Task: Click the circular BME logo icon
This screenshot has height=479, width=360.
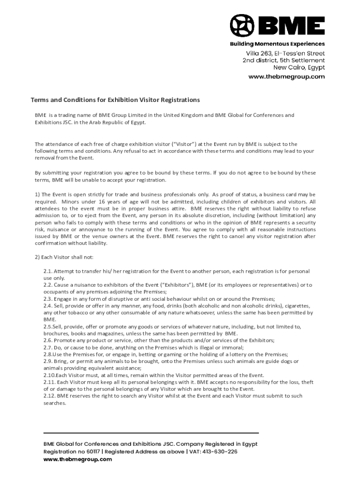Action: coord(242,26)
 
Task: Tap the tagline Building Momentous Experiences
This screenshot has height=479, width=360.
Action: coord(277,44)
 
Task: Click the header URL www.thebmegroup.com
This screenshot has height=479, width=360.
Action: coord(286,77)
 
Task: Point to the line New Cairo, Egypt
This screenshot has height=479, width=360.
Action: coord(302,68)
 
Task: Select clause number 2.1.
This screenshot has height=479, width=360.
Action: coord(48,271)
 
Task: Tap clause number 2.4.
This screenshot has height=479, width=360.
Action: coord(48,306)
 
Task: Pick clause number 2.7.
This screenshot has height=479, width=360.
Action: coord(48,348)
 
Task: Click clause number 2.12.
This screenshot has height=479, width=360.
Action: coord(49,396)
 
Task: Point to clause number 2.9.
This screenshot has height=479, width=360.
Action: coord(48,361)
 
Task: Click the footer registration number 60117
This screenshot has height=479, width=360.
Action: coord(90,452)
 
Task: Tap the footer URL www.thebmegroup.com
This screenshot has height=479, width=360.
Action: coord(78,459)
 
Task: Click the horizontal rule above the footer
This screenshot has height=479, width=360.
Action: coord(151,433)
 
